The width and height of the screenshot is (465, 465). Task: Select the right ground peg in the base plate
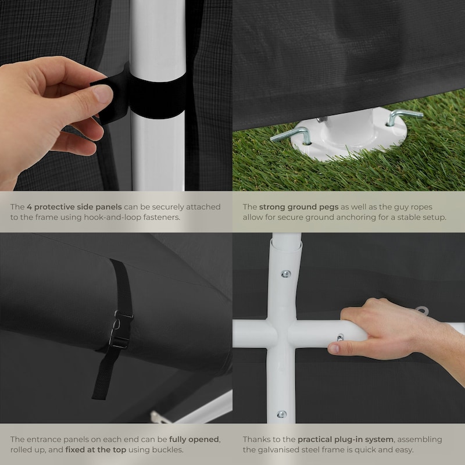403,116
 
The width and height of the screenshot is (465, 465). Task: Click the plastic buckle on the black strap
121,329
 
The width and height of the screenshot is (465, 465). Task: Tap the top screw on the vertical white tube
285,274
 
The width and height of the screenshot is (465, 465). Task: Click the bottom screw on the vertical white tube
281,414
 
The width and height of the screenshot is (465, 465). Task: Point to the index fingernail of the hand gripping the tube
334,348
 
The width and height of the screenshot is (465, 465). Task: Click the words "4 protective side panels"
74,207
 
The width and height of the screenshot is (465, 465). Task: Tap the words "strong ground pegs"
299,207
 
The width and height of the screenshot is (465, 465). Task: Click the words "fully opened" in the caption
194,439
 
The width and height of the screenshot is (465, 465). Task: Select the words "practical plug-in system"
345,439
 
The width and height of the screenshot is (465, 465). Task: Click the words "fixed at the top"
96,449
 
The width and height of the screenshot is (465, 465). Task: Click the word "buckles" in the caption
167,449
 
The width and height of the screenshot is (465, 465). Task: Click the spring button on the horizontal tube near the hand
340,337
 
